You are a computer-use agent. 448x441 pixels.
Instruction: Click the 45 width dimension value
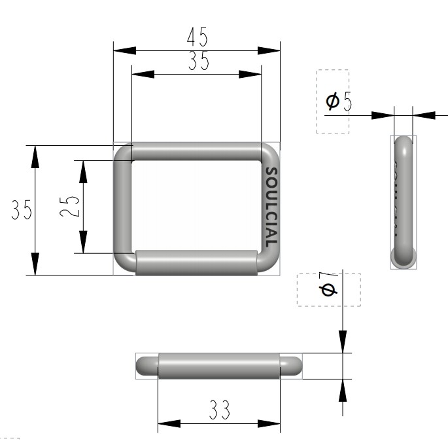[197, 37]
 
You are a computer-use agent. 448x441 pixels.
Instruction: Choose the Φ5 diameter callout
[339, 101]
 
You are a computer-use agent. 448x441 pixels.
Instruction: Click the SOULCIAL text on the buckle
[271, 207]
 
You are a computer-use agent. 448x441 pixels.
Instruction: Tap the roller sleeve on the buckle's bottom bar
[196, 262]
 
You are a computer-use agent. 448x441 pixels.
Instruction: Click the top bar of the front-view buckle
[197, 151]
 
